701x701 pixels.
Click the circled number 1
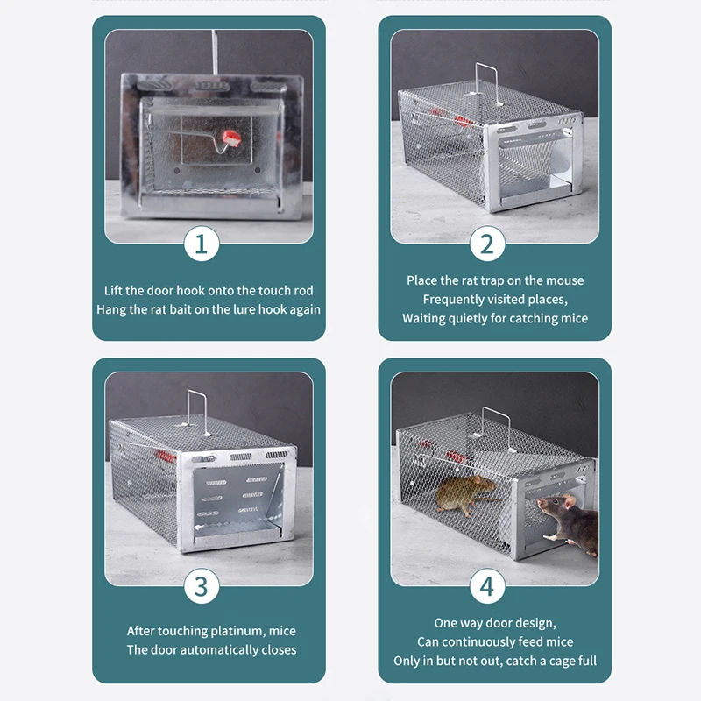tap(201, 244)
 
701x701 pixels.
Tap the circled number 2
tap(487, 244)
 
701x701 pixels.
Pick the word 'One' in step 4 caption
tap(447, 623)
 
